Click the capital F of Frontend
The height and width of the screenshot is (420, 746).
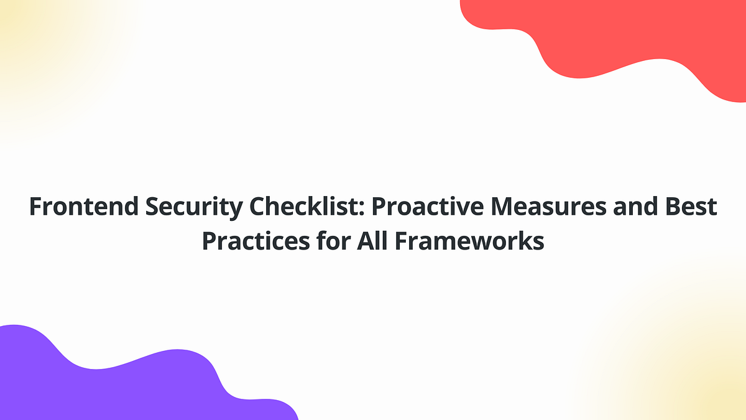point(35,207)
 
